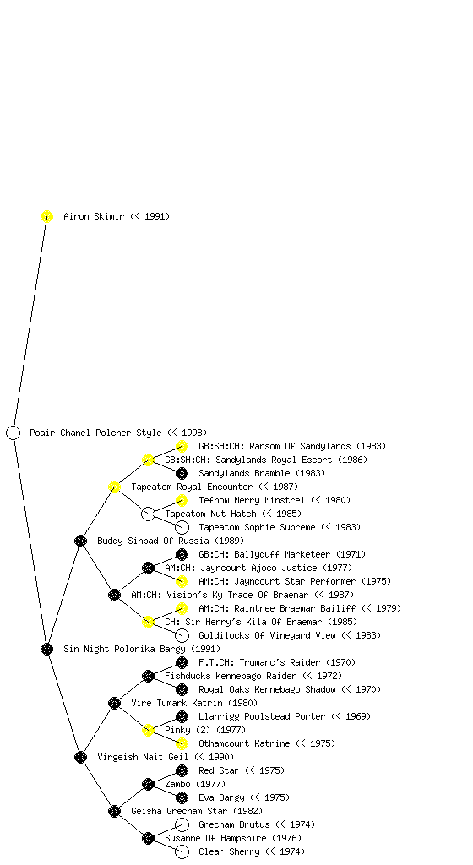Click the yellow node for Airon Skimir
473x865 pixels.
[46, 216]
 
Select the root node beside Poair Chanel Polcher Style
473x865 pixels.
[14, 432]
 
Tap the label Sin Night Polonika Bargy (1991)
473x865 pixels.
[142, 649]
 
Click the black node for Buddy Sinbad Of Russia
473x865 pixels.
[80, 541]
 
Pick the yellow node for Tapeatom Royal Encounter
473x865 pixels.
[114, 487]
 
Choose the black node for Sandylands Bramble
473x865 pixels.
[182, 473]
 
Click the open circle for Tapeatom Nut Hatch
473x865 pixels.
[149, 514]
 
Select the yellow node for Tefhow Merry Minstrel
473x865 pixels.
[182, 500]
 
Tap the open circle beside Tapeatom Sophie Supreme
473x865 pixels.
[182, 527]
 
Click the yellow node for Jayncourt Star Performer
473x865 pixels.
[182, 581]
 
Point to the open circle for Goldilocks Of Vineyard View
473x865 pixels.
[182, 635]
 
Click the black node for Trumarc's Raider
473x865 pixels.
[182, 662]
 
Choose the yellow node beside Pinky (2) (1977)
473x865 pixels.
[149, 730]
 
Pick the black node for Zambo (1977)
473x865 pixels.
[149, 784]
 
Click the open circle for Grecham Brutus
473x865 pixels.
[182, 824]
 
